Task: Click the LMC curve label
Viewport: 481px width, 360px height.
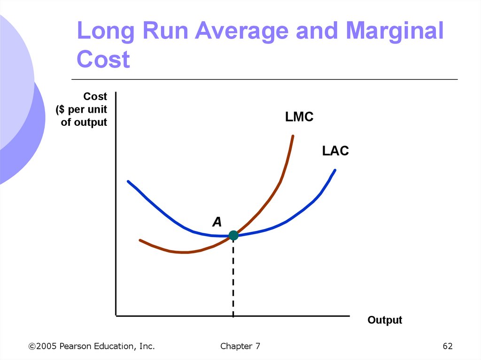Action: pyautogui.click(x=299, y=117)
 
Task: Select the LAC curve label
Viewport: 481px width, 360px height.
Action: pyautogui.click(x=335, y=151)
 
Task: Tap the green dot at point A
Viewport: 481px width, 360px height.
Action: pyautogui.click(x=233, y=235)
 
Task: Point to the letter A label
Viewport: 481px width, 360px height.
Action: pyautogui.click(x=217, y=222)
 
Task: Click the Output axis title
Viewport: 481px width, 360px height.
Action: pyautogui.click(x=385, y=320)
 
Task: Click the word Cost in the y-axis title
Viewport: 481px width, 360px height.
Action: pyautogui.click(x=95, y=97)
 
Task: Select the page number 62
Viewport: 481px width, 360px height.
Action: pyautogui.click(x=448, y=346)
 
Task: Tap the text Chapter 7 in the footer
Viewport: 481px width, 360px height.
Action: pyautogui.click(x=240, y=346)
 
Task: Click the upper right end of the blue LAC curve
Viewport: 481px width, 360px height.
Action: pyautogui.click(x=335, y=170)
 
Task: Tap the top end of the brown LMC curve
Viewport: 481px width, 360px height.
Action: pyautogui.click(x=293, y=136)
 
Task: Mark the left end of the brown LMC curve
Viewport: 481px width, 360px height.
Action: pyautogui.click(x=140, y=240)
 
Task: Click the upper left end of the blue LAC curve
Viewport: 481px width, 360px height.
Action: pyautogui.click(x=128, y=181)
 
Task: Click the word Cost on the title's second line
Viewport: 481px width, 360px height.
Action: pyautogui.click(x=103, y=60)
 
